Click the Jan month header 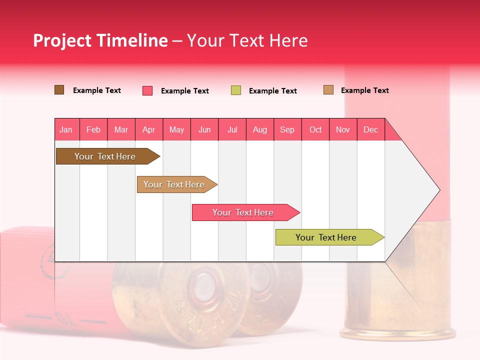[66, 129]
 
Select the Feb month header [93, 129]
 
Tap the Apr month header [149, 129]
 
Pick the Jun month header [204, 129]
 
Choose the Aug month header [260, 129]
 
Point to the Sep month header [287, 129]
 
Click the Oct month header [315, 129]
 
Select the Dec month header [371, 129]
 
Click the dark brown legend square [59, 90]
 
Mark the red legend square [147, 90]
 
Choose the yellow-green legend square [236, 90]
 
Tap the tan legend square [328, 90]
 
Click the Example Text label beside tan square [364, 90]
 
